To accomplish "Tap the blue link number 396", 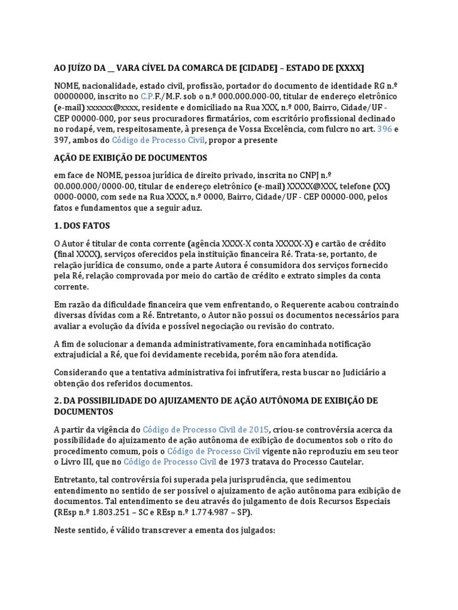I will point(385,129).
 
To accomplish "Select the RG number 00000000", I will point(74,96).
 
